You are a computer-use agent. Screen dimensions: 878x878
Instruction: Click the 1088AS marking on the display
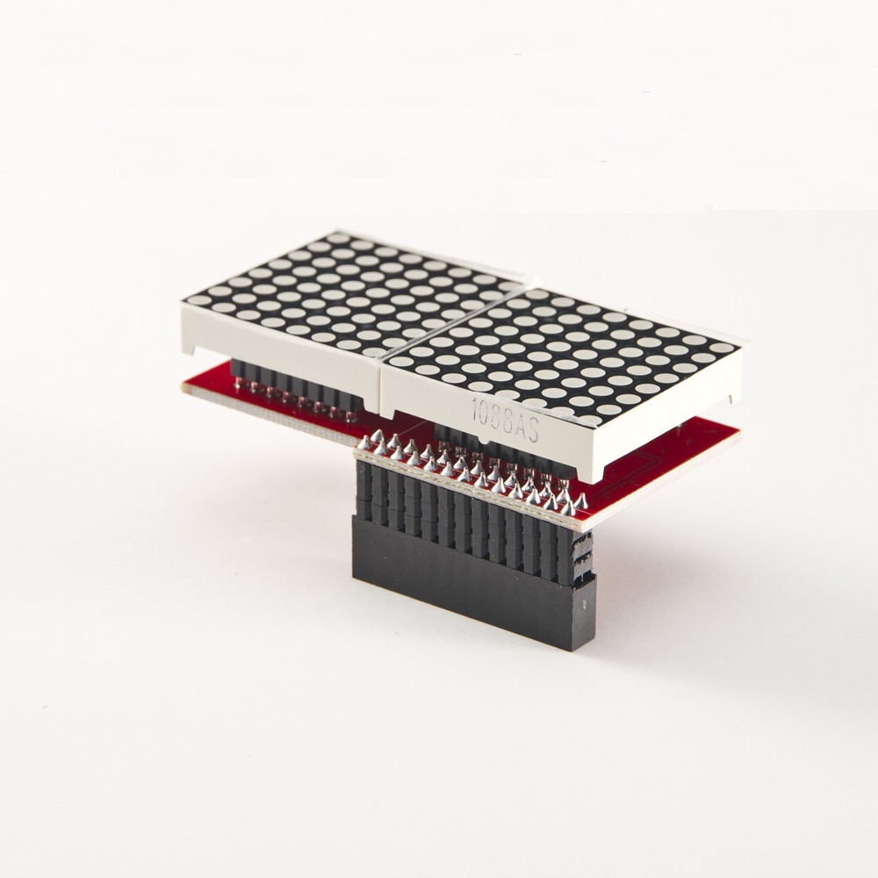tap(505, 420)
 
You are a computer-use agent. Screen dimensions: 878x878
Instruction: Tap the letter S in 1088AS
tap(532, 432)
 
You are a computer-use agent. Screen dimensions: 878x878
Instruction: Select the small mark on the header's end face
tap(584, 605)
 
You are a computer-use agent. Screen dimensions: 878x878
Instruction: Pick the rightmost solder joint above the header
tap(581, 501)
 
